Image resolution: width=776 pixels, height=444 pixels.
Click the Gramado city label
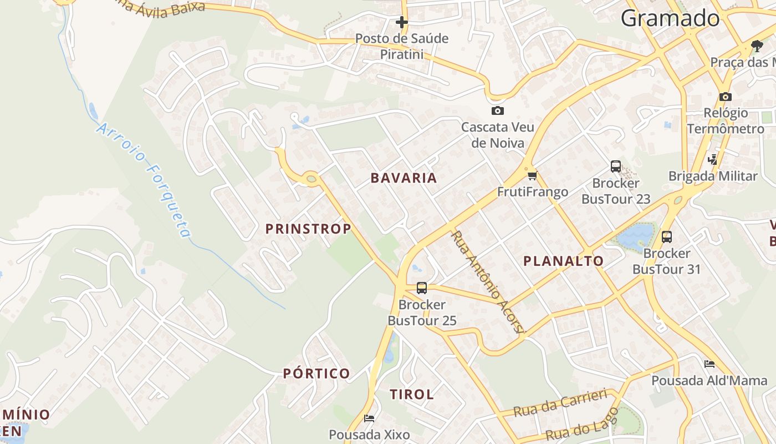point(670,18)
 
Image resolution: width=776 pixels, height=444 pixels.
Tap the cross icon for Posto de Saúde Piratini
point(401,22)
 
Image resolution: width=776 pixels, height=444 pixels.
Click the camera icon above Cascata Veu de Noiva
point(497,111)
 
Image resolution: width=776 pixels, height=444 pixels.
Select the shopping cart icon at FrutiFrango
point(532,176)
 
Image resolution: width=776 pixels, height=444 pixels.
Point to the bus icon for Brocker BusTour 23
point(615,166)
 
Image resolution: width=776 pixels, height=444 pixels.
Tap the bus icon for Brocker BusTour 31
point(666,237)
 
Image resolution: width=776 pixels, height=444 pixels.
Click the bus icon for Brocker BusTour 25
point(421,288)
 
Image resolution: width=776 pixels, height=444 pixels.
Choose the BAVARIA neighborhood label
point(404,178)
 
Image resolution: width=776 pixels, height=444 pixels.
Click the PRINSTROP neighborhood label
point(308,229)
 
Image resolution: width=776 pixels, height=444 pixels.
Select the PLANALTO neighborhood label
point(563,261)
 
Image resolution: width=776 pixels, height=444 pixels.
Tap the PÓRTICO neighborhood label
point(316,374)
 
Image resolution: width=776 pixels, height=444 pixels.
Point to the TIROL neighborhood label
point(411,395)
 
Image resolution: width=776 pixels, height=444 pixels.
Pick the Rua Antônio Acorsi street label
point(487,281)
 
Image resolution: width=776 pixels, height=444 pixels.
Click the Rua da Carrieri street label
point(560,403)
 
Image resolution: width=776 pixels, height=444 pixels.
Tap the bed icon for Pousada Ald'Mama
point(709,364)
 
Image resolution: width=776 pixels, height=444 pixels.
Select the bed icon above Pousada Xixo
point(369,418)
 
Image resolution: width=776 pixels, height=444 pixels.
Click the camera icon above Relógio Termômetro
point(725,97)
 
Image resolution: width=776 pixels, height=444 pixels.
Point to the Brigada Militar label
point(712,176)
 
